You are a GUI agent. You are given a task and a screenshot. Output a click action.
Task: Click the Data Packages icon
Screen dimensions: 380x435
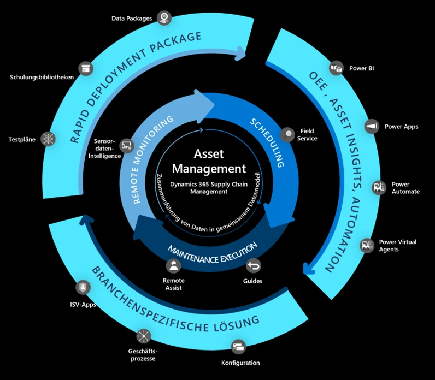(163, 18)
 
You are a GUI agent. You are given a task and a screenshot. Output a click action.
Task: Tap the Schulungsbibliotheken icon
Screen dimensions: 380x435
(85, 68)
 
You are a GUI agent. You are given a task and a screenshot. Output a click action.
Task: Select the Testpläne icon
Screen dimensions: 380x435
(49, 139)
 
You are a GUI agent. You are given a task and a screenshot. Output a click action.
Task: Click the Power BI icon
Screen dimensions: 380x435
(335, 68)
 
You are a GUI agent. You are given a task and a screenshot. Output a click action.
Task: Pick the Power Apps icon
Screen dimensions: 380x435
(372, 126)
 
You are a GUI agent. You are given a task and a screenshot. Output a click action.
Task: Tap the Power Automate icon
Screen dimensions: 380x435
(378, 187)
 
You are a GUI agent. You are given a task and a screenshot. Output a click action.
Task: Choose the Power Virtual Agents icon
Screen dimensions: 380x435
(367, 246)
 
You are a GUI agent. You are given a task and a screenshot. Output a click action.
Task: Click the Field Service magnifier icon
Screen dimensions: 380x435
(287, 134)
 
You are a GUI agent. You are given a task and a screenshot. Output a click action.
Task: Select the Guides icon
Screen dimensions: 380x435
(254, 266)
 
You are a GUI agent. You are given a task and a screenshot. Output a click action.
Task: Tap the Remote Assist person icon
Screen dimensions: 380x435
(174, 266)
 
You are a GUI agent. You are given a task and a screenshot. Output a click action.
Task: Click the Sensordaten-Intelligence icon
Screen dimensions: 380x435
(127, 145)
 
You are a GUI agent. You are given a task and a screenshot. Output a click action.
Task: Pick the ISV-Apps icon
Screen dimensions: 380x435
(83, 287)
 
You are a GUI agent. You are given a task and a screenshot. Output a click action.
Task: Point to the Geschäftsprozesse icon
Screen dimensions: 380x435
(143, 336)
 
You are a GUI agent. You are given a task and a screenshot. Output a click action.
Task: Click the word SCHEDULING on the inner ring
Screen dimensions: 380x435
(268, 141)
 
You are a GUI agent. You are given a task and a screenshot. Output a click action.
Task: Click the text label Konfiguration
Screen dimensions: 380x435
(240, 363)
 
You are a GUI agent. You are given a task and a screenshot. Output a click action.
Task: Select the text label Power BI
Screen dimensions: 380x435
(362, 69)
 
